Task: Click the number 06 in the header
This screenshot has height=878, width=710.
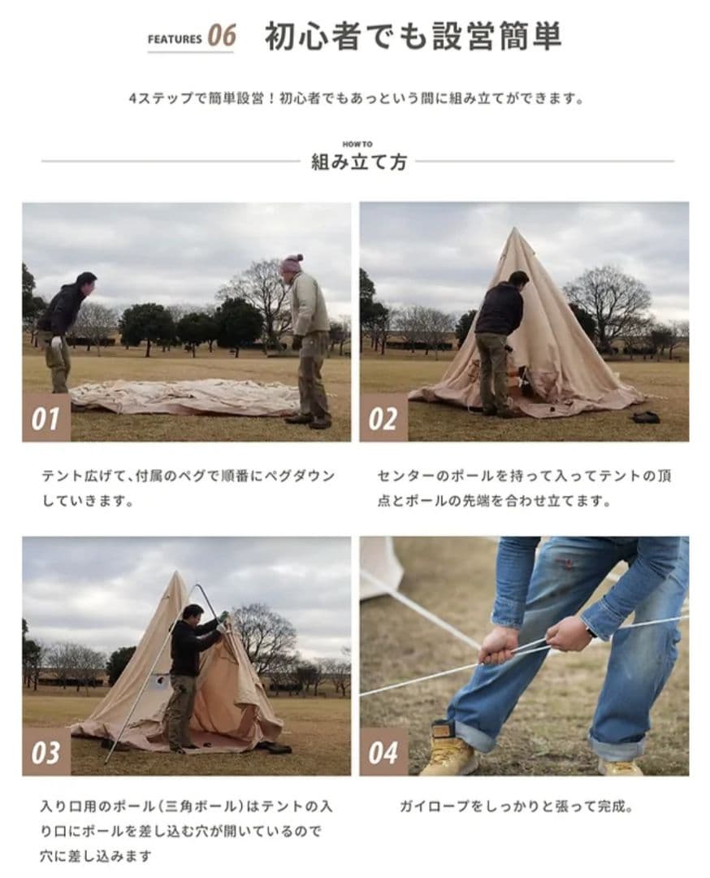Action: (x=221, y=36)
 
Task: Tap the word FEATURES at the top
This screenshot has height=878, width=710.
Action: (x=175, y=38)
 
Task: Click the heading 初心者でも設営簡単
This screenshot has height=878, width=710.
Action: (x=413, y=37)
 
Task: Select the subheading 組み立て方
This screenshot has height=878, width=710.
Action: (x=358, y=162)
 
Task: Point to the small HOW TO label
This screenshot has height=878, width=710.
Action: (x=357, y=144)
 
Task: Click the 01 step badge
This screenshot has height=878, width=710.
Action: (x=46, y=419)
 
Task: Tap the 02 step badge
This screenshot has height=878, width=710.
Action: (x=383, y=419)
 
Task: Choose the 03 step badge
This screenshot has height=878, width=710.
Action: (x=46, y=752)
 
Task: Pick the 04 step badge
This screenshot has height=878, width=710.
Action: (x=383, y=752)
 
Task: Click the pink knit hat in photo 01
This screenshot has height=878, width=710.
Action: (x=292, y=263)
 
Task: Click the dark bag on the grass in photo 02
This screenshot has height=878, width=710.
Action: (x=647, y=417)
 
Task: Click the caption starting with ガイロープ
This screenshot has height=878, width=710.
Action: (x=516, y=807)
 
